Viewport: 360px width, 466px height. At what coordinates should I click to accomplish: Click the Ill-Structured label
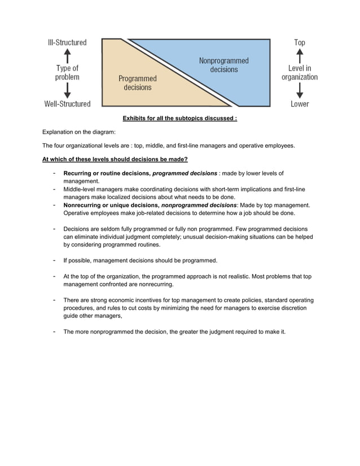click(x=67, y=42)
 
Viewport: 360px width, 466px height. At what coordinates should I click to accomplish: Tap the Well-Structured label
click(x=67, y=104)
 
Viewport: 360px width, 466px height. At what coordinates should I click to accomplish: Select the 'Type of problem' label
click(x=67, y=73)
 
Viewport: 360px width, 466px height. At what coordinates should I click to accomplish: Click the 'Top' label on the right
click(x=300, y=42)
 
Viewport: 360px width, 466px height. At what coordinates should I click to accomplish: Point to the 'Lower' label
click(x=300, y=104)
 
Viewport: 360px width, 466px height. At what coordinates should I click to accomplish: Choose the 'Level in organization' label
click(x=300, y=73)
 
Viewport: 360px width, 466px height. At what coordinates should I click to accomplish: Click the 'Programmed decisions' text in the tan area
click(x=137, y=83)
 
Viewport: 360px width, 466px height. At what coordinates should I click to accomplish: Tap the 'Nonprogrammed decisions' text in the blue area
click(x=224, y=65)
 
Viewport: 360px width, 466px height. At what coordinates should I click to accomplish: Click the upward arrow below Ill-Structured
click(x=67, y=55)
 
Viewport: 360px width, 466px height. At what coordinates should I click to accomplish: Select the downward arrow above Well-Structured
click(x=67, y=90)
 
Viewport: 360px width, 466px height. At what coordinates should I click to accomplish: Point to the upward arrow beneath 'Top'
click(x=300, y=55)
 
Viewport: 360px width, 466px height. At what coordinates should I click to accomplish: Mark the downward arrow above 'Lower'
click(x=300, y=90)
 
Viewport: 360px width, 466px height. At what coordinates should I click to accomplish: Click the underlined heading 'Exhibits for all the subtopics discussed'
click(x=179, y=118)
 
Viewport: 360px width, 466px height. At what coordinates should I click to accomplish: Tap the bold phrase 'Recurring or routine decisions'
click(x=107, y=173)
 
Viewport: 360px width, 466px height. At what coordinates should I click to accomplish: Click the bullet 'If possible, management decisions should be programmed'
click(x=140, y=261)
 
